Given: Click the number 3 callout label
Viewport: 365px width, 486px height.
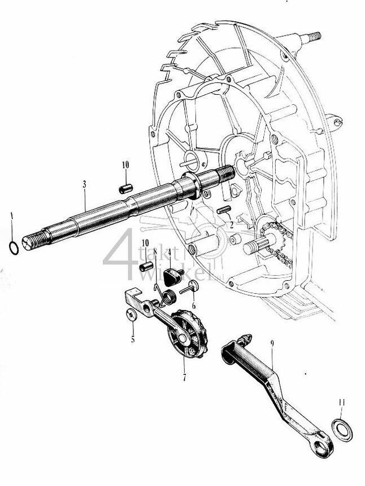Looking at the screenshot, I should coord(84,184).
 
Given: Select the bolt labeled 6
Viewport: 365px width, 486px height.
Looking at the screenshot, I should coord(188,290).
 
